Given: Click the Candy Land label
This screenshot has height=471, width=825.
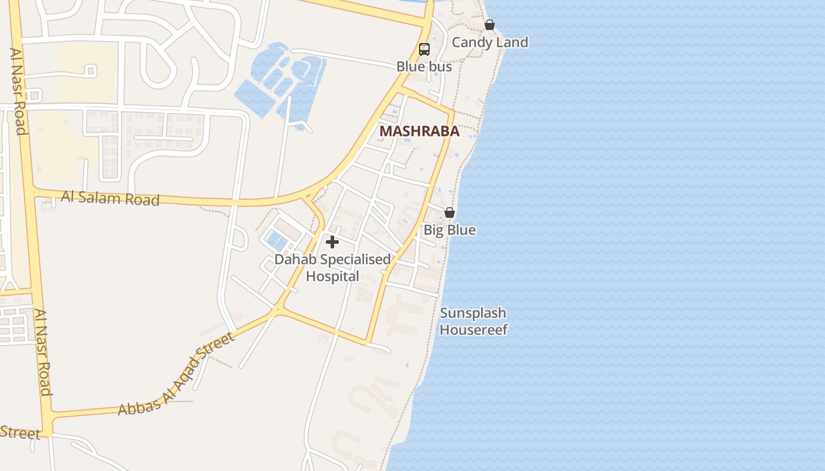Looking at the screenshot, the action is (x=490, y=42).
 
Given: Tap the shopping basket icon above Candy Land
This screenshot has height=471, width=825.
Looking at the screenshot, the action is (x=490, y=25).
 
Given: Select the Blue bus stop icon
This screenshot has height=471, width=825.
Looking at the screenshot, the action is (x=424, y=49).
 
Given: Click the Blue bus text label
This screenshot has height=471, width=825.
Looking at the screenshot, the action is (x=424, y=67).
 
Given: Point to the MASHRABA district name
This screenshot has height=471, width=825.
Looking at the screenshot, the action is (x=420, y=131).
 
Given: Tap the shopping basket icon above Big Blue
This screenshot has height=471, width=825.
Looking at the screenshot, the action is (x=450, y=213).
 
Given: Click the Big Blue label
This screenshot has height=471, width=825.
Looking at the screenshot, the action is (x=450, y=230).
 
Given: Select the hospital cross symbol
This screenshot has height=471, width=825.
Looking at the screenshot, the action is (x=332, y=242).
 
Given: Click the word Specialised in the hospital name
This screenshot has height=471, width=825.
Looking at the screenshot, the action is (x=355, y=259).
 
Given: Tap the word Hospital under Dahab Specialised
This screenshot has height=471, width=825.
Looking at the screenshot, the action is (x=332, y=276).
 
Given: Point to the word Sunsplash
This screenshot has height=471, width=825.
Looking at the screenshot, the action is (x=473, y=313).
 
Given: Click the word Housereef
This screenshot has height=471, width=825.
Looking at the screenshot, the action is (x=473, y=330).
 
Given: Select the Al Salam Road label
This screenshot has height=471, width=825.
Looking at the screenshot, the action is (x=110, y=198).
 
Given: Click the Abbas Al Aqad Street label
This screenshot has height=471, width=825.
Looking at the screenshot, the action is (x=177, y=373).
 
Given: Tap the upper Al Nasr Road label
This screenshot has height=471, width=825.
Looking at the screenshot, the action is (x=18, y=91).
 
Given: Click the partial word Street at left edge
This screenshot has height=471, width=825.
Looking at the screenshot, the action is (x=19, y=433).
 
